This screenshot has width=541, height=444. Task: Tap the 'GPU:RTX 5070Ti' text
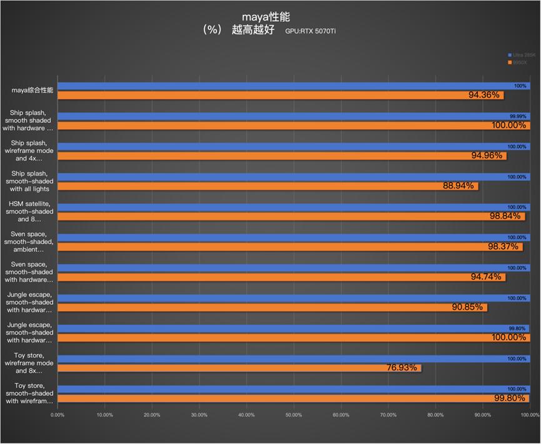[315, 31]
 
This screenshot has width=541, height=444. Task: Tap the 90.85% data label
[467, 307]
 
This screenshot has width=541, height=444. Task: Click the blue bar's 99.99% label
[518, 116]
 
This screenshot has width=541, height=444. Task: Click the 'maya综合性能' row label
[33, 91]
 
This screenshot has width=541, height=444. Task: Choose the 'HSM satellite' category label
[31, 211]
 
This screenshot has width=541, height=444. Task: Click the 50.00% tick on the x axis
[293, 415]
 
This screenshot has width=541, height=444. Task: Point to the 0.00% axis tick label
[58, 415]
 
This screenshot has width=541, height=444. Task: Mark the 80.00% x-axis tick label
[435, 415]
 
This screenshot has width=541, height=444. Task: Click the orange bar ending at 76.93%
[238, 368]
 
